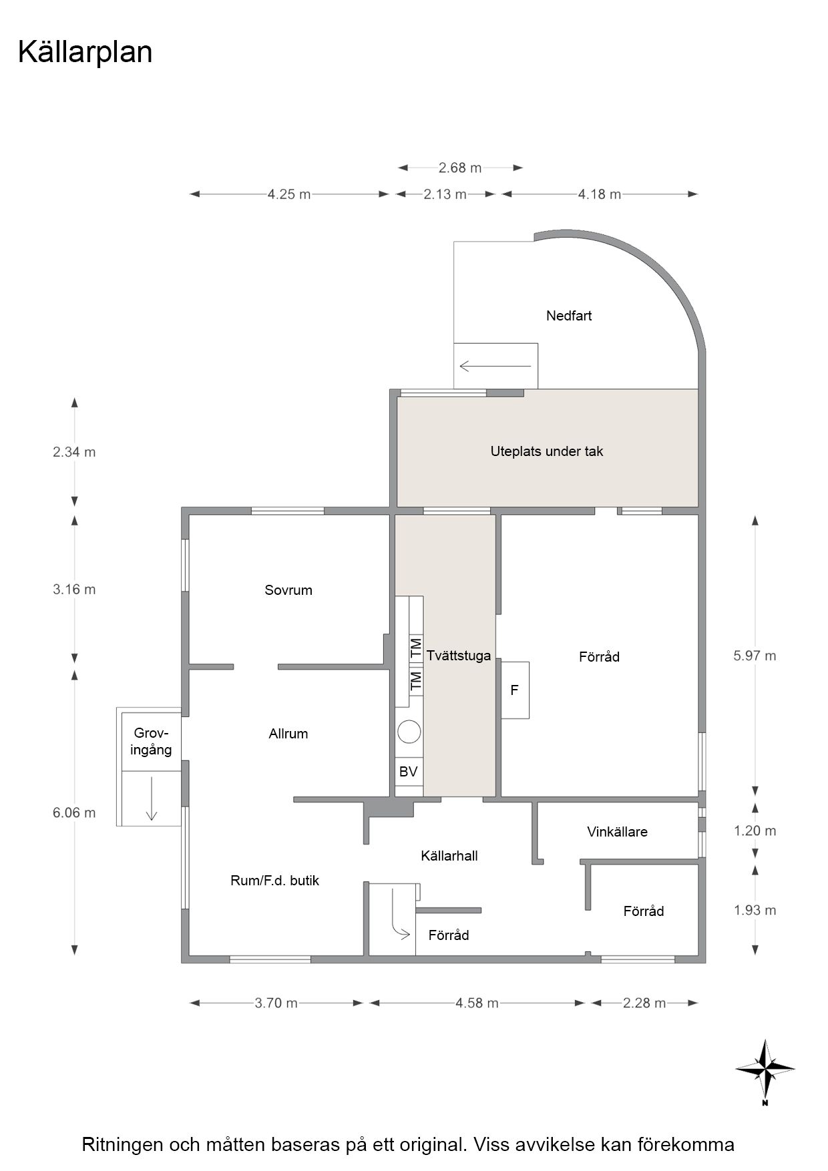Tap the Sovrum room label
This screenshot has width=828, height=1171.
[288, 590]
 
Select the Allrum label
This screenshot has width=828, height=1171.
[288, 734]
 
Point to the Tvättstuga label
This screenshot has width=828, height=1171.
[459, 656]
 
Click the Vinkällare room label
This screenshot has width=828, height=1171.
[618, 832]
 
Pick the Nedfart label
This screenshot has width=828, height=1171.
[569, 316]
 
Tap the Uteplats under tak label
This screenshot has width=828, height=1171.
[547, 451]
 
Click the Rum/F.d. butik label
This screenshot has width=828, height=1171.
[275, 881]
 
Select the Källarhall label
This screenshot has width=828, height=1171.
[449, 856]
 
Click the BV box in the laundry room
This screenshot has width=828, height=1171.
[409, 772]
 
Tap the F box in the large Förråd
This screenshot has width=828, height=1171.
[515, 690]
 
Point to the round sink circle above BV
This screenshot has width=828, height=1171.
[409, 732]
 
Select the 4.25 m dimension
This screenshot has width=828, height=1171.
[289, 194]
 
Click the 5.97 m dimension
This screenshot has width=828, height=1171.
[755, 656]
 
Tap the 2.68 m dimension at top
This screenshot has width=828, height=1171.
[460, 168]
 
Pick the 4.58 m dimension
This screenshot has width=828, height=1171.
[477, 1003]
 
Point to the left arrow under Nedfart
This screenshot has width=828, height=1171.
[495, 366]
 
